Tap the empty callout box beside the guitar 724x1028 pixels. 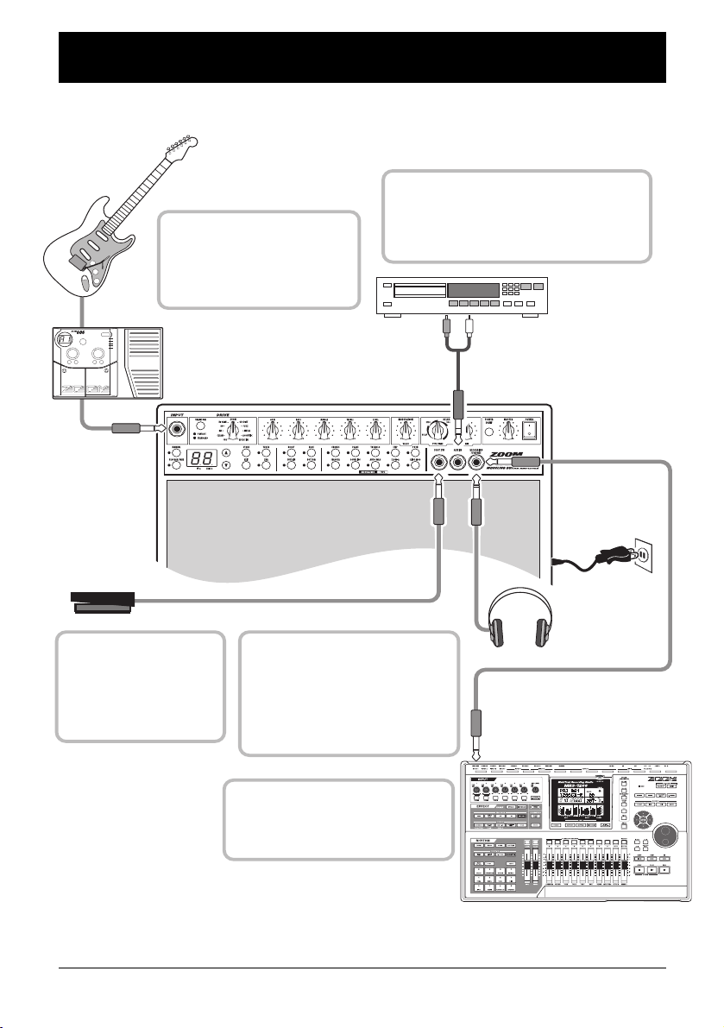point(259,260)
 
